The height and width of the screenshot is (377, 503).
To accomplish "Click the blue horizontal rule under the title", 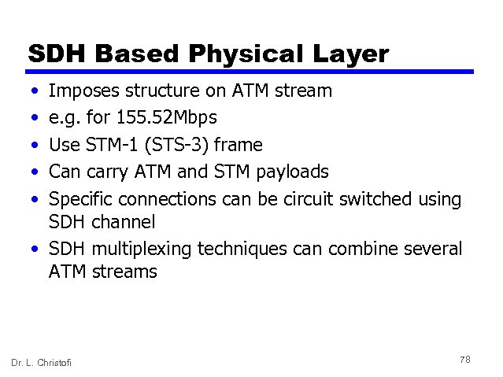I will [250, 72].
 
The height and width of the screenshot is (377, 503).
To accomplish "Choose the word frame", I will [237, 145].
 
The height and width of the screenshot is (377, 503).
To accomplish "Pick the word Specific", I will [81, 200].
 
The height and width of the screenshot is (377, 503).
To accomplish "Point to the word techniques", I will [233, 249].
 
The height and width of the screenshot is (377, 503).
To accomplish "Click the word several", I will [431, 249].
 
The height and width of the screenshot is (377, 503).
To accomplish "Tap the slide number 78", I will [464, 359].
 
